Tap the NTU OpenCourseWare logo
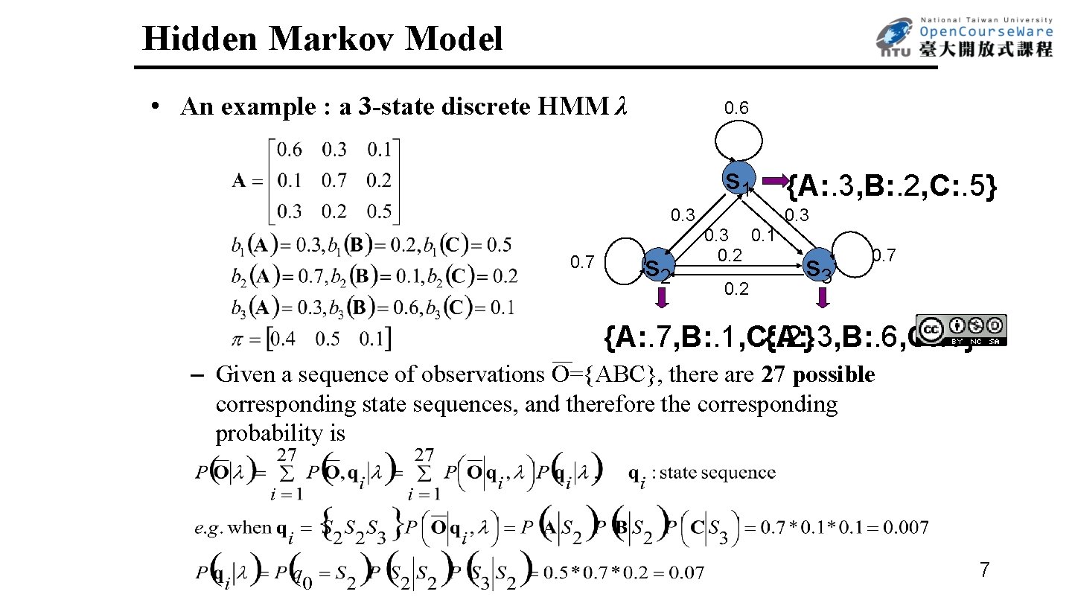(964, 38)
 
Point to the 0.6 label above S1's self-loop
(737, 109)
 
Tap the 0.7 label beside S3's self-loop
(884, 257)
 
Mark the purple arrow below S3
(823, 298)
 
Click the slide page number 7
(984, 571)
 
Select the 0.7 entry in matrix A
(335, 180)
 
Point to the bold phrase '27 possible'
(818, 374)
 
